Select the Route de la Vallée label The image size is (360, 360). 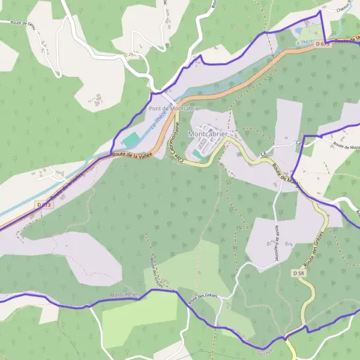coord(132,155)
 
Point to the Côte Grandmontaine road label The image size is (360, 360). coord(177,144)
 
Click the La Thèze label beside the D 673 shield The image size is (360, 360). coord(305,42)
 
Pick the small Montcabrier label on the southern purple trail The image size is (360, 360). coord(124,295)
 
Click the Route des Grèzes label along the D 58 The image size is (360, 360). coord(314,249)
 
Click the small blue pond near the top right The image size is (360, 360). coord(299,31)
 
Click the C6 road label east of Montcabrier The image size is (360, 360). coord(298,143)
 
